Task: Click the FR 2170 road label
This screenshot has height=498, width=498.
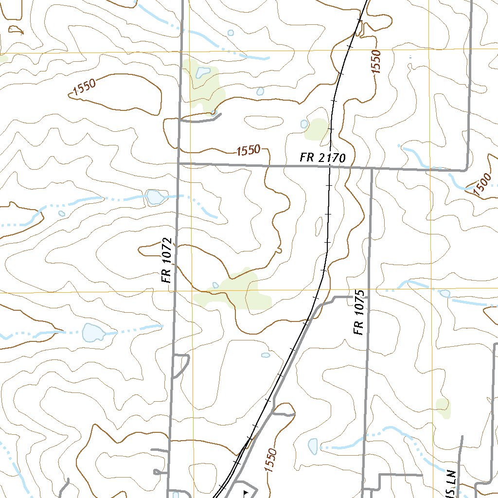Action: (322, 158)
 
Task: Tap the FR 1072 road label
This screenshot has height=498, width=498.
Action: (167, 261)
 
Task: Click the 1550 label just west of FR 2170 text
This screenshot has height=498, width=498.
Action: (248, 150)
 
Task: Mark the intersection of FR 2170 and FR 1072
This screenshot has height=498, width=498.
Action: (179, 164)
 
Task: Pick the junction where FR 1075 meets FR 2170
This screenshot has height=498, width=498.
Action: (372, 169)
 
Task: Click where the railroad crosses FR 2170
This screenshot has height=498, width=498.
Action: (329, 167)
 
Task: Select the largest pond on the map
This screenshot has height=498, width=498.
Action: (93, 332)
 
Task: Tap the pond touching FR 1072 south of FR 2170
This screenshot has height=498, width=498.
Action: (155, 197)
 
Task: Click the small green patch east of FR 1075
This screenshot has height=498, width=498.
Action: (443, 408)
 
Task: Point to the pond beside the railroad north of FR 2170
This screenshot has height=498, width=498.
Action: (304, 124)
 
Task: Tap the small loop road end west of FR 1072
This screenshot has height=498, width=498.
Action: (157, 472)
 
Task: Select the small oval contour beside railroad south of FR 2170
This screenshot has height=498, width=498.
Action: (319, 225)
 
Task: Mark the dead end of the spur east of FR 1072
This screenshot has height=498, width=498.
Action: (221, 115)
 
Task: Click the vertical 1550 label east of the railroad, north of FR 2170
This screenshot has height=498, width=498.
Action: (376, 62)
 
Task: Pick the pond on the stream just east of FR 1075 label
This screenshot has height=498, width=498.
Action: (445, 293)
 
